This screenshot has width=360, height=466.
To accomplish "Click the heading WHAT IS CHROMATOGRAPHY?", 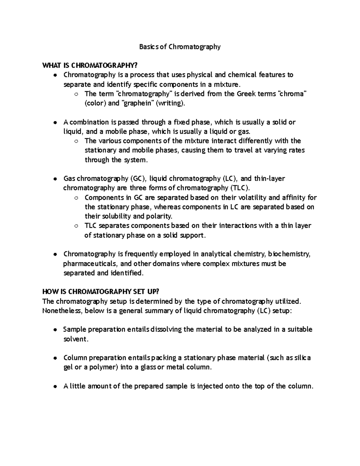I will (91, 65).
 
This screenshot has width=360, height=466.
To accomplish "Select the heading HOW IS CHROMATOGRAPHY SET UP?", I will (100, 292).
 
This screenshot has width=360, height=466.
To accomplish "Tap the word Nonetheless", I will (62, 311).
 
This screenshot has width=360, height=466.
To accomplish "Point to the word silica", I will (303, 358).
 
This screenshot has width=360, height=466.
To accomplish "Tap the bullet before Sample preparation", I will (55, 330).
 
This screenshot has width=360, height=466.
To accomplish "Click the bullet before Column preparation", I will (55, 358).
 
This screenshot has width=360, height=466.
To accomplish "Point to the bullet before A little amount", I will (55, 386).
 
